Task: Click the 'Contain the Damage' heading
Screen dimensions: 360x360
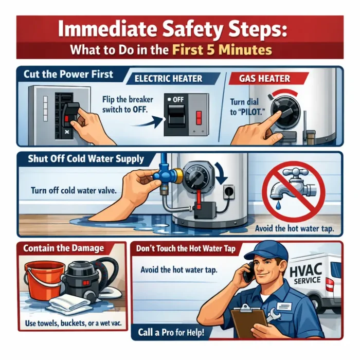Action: [x=63, y=248]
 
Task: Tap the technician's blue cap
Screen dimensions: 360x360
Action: [x=266, y=251]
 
